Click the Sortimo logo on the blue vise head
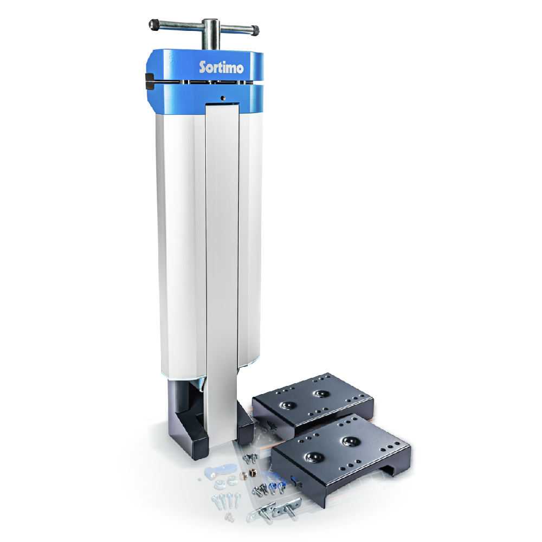[221, 67]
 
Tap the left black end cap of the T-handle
[153, 24]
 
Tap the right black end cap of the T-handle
[255, 30]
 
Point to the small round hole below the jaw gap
[223, 98]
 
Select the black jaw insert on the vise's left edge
[149, 81]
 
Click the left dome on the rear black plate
[287, 405]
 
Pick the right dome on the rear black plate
[320, 393]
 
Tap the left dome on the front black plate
[313, 457]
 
